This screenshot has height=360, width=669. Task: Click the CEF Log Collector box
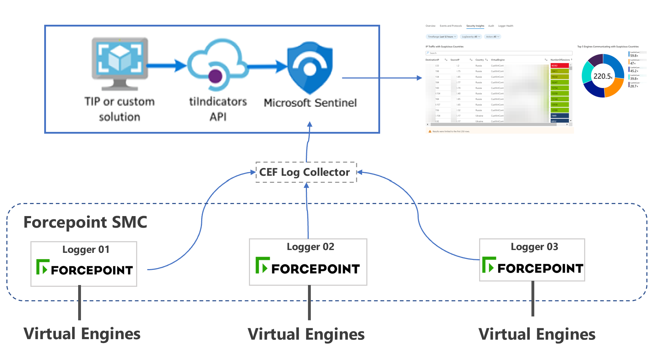(306, 172)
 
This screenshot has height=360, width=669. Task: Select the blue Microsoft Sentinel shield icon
(310, 68)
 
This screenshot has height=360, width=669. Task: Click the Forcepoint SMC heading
(85, 222)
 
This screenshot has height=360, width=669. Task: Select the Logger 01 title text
(86, 250)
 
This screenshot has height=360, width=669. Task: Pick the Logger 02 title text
(310, 247)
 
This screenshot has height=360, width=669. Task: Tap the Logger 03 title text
(534, 247)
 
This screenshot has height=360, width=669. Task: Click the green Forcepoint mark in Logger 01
(42, 267)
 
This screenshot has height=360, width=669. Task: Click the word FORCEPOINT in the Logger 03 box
(540, 269)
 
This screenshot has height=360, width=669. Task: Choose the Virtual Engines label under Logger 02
(306, 334)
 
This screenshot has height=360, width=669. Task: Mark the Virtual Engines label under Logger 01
(82, 334)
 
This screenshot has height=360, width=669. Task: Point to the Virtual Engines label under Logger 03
(537, 334)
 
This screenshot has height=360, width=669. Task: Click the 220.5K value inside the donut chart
(603, 76)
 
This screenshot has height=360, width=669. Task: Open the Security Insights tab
(475, 26)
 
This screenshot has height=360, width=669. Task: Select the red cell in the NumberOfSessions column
(559, 65)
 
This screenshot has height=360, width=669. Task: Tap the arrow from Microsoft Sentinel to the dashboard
(382, 78)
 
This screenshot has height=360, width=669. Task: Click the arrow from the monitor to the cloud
(166, 65)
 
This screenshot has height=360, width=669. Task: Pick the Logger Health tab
(505, 26)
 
